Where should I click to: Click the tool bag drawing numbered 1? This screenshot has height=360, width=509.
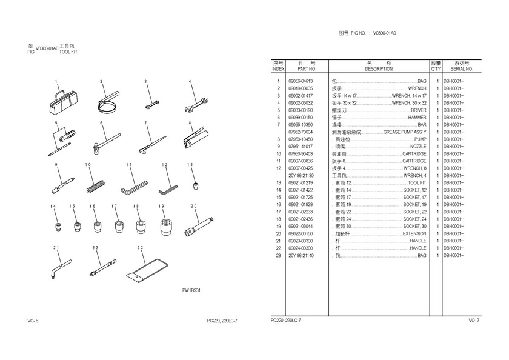pos(61,101)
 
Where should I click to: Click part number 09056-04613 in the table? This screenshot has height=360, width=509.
pos(300,81)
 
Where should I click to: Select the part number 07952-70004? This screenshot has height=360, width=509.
pos(300,132)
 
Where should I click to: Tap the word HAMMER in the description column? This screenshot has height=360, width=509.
pos(417,118)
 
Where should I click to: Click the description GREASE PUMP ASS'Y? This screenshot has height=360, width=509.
pos(405,132)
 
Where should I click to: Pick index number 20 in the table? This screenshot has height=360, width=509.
pos(278,234)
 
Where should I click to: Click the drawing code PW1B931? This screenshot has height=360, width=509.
pos(191,291)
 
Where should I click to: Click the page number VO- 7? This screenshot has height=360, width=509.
pos(473,320)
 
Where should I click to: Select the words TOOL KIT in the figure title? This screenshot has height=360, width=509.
pos(68,52)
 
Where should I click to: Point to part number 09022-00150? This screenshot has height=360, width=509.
pos(300,234)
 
